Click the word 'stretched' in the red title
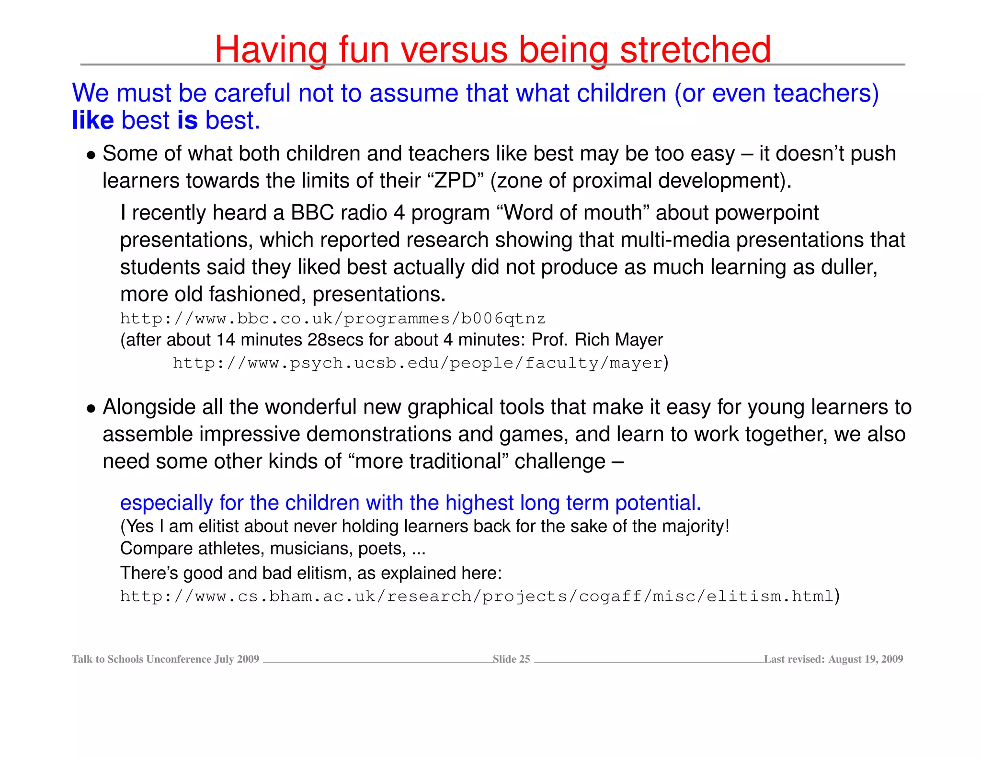(x=695, y=49)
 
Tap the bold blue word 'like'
(x=92, y=120)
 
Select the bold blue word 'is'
(x=187, y=120)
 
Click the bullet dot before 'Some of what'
(x=91, y=155)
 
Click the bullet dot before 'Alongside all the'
(x=91, y=409)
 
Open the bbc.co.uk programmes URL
(x=332, y=319)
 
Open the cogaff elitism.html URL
(x=477, y=597)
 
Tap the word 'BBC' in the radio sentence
(x=312, y=213)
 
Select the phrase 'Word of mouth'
(x=573, y=213)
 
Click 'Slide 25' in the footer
(x=511, y=659)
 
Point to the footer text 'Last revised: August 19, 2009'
(x=833, y=659)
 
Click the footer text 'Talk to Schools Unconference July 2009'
(x=165, y=659)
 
